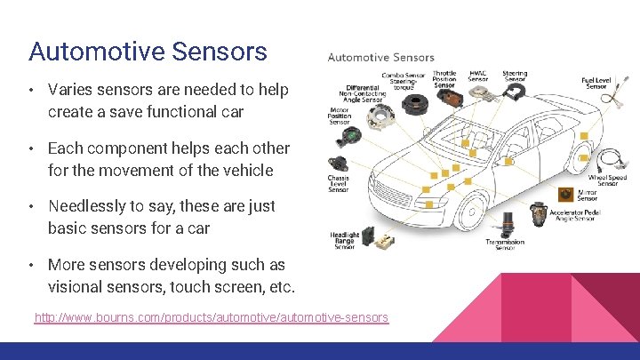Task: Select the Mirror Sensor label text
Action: point(588,196)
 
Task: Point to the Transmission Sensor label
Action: point(504,244)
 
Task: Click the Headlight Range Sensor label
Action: point(344,240)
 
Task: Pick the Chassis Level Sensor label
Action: point(338,183)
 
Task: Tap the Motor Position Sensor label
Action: point(340,115)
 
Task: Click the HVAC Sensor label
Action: point(478,76)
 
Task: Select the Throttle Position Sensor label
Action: point(444,80)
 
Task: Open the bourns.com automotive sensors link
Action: point(211,317)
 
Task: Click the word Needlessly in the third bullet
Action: point(92,206)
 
